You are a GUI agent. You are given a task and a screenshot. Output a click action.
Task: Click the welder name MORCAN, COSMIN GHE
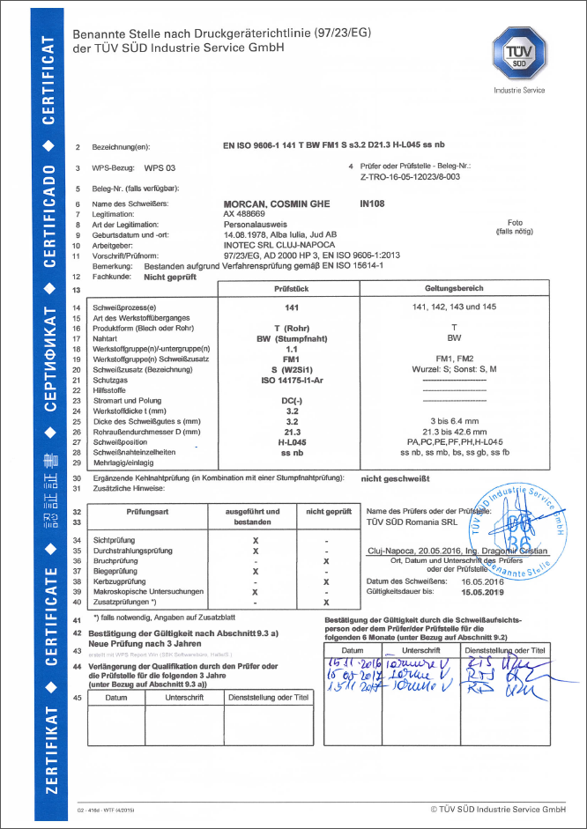tap(277, 204)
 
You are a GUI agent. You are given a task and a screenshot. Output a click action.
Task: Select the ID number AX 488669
tap(246, 214)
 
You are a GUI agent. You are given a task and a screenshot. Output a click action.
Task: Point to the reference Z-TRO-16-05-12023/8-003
tap(411, 175)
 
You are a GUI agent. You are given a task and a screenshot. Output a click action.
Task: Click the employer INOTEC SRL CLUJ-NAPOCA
tap(272, 245)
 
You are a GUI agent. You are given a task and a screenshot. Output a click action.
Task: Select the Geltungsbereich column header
tap(460, 289)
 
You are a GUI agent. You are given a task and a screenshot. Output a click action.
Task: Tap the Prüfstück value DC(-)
tap(287, 401)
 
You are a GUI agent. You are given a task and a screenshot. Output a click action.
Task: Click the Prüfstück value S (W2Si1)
tap(287, 369)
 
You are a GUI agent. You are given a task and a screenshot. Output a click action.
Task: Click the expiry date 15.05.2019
tap(480, 594)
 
